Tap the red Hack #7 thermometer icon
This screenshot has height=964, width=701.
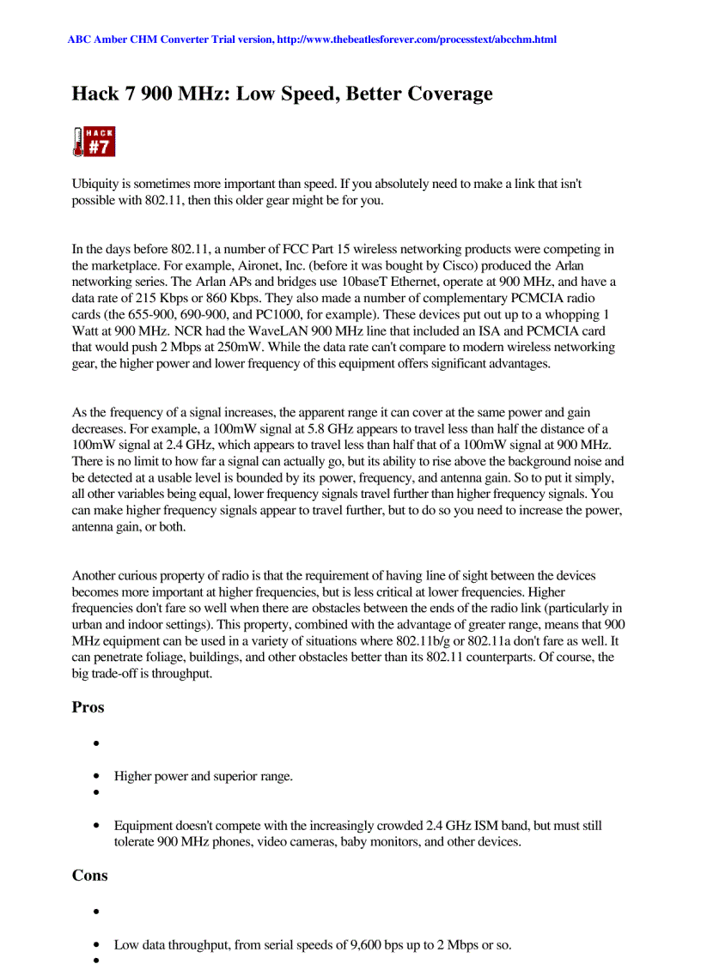(93, 142)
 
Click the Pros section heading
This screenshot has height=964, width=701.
(88, 707)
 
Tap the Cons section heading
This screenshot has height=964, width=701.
(89, 876)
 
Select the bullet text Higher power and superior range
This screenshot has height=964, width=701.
(203, 776)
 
